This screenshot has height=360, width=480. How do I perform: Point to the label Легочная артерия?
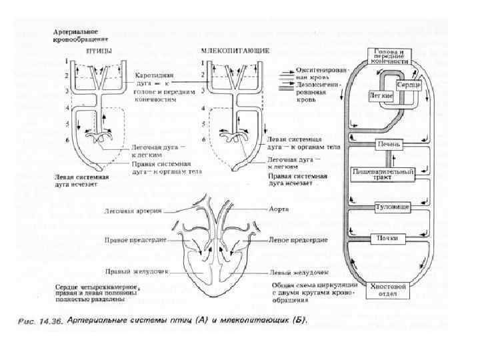133,211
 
